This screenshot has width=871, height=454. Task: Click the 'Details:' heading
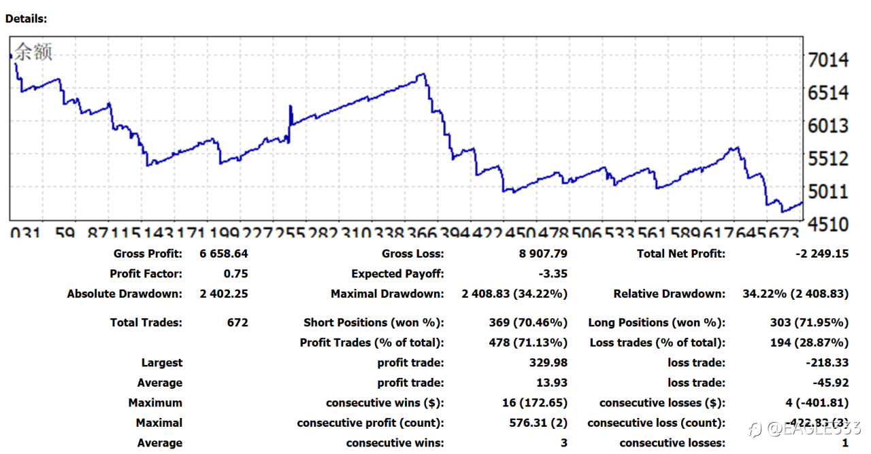(x=27, y=18)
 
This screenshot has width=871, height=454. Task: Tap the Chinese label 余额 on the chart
(x=33, y=52)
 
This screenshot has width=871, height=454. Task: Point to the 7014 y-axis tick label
(x=827, y=60)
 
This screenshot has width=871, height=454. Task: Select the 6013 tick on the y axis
(x=827, y=126)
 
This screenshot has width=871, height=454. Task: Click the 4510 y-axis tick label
(x=827, y=224)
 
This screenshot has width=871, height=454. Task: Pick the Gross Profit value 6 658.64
(x=224, y=254)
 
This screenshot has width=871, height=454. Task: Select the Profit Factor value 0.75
(x=235, y=274)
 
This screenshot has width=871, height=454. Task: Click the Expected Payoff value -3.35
(x=552, y=274)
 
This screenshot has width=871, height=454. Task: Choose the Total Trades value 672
(x=237, y=323)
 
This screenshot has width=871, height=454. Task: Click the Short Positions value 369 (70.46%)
(x=528, y=323)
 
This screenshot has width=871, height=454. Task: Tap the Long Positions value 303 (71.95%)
(x=809, y=323)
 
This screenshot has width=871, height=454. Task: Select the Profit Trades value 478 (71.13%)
(x=528, y=343)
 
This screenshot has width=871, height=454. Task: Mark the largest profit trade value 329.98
(x=548, y=363)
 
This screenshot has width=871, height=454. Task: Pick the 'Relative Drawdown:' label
(x=669, y=294)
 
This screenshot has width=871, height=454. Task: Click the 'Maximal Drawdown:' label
(x=387, y=294)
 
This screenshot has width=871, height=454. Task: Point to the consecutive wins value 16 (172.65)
(x=535, y=403)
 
